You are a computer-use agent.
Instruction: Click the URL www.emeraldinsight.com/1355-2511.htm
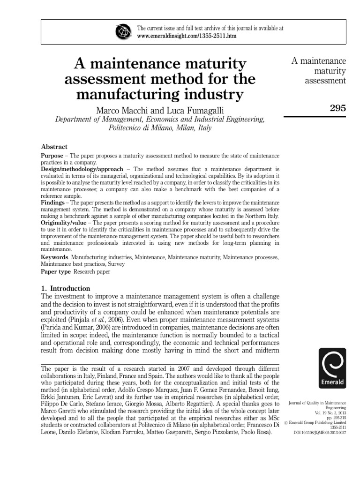(187, 36)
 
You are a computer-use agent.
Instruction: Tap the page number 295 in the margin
(337, 108)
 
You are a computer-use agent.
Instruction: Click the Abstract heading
(54, 147)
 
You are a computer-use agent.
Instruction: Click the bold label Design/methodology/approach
(82, 169)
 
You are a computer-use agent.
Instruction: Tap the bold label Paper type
(56, 271)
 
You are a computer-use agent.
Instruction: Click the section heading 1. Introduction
(66, 288)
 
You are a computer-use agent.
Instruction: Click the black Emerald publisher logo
(332, 368)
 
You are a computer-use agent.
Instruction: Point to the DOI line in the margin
(320, 433)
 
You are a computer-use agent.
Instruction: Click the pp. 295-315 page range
(336, 418)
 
